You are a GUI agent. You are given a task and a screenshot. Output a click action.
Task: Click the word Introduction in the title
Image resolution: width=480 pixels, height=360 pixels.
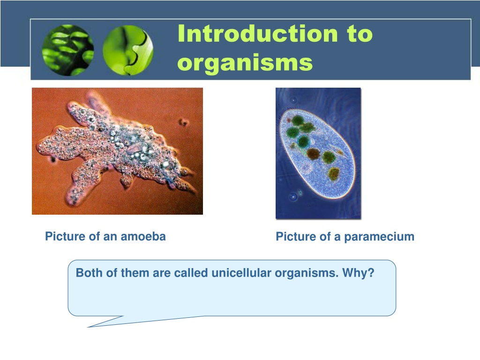(257, 33)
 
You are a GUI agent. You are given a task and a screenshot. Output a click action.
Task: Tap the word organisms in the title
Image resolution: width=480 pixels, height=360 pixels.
(245, 63)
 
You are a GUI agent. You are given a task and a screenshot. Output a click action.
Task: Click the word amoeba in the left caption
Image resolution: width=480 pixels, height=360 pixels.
(143, 236)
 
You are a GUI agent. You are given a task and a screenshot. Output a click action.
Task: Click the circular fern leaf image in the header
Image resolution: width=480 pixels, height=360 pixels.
(67, 50)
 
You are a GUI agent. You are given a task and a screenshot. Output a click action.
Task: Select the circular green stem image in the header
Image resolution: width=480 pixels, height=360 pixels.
(128, 50)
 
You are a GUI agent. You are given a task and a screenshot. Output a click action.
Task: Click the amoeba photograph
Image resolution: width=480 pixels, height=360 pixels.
(117, 151)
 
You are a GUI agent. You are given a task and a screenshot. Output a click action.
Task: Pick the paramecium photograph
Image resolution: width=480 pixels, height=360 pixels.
(318, 153)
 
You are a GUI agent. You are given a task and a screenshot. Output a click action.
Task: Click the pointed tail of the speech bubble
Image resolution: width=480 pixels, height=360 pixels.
(89, 327)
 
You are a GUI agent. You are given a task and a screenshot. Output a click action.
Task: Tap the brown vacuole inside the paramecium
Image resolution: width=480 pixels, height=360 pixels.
(313, 154)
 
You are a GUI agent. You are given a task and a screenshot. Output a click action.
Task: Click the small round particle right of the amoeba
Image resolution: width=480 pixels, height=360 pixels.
(184, 122)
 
